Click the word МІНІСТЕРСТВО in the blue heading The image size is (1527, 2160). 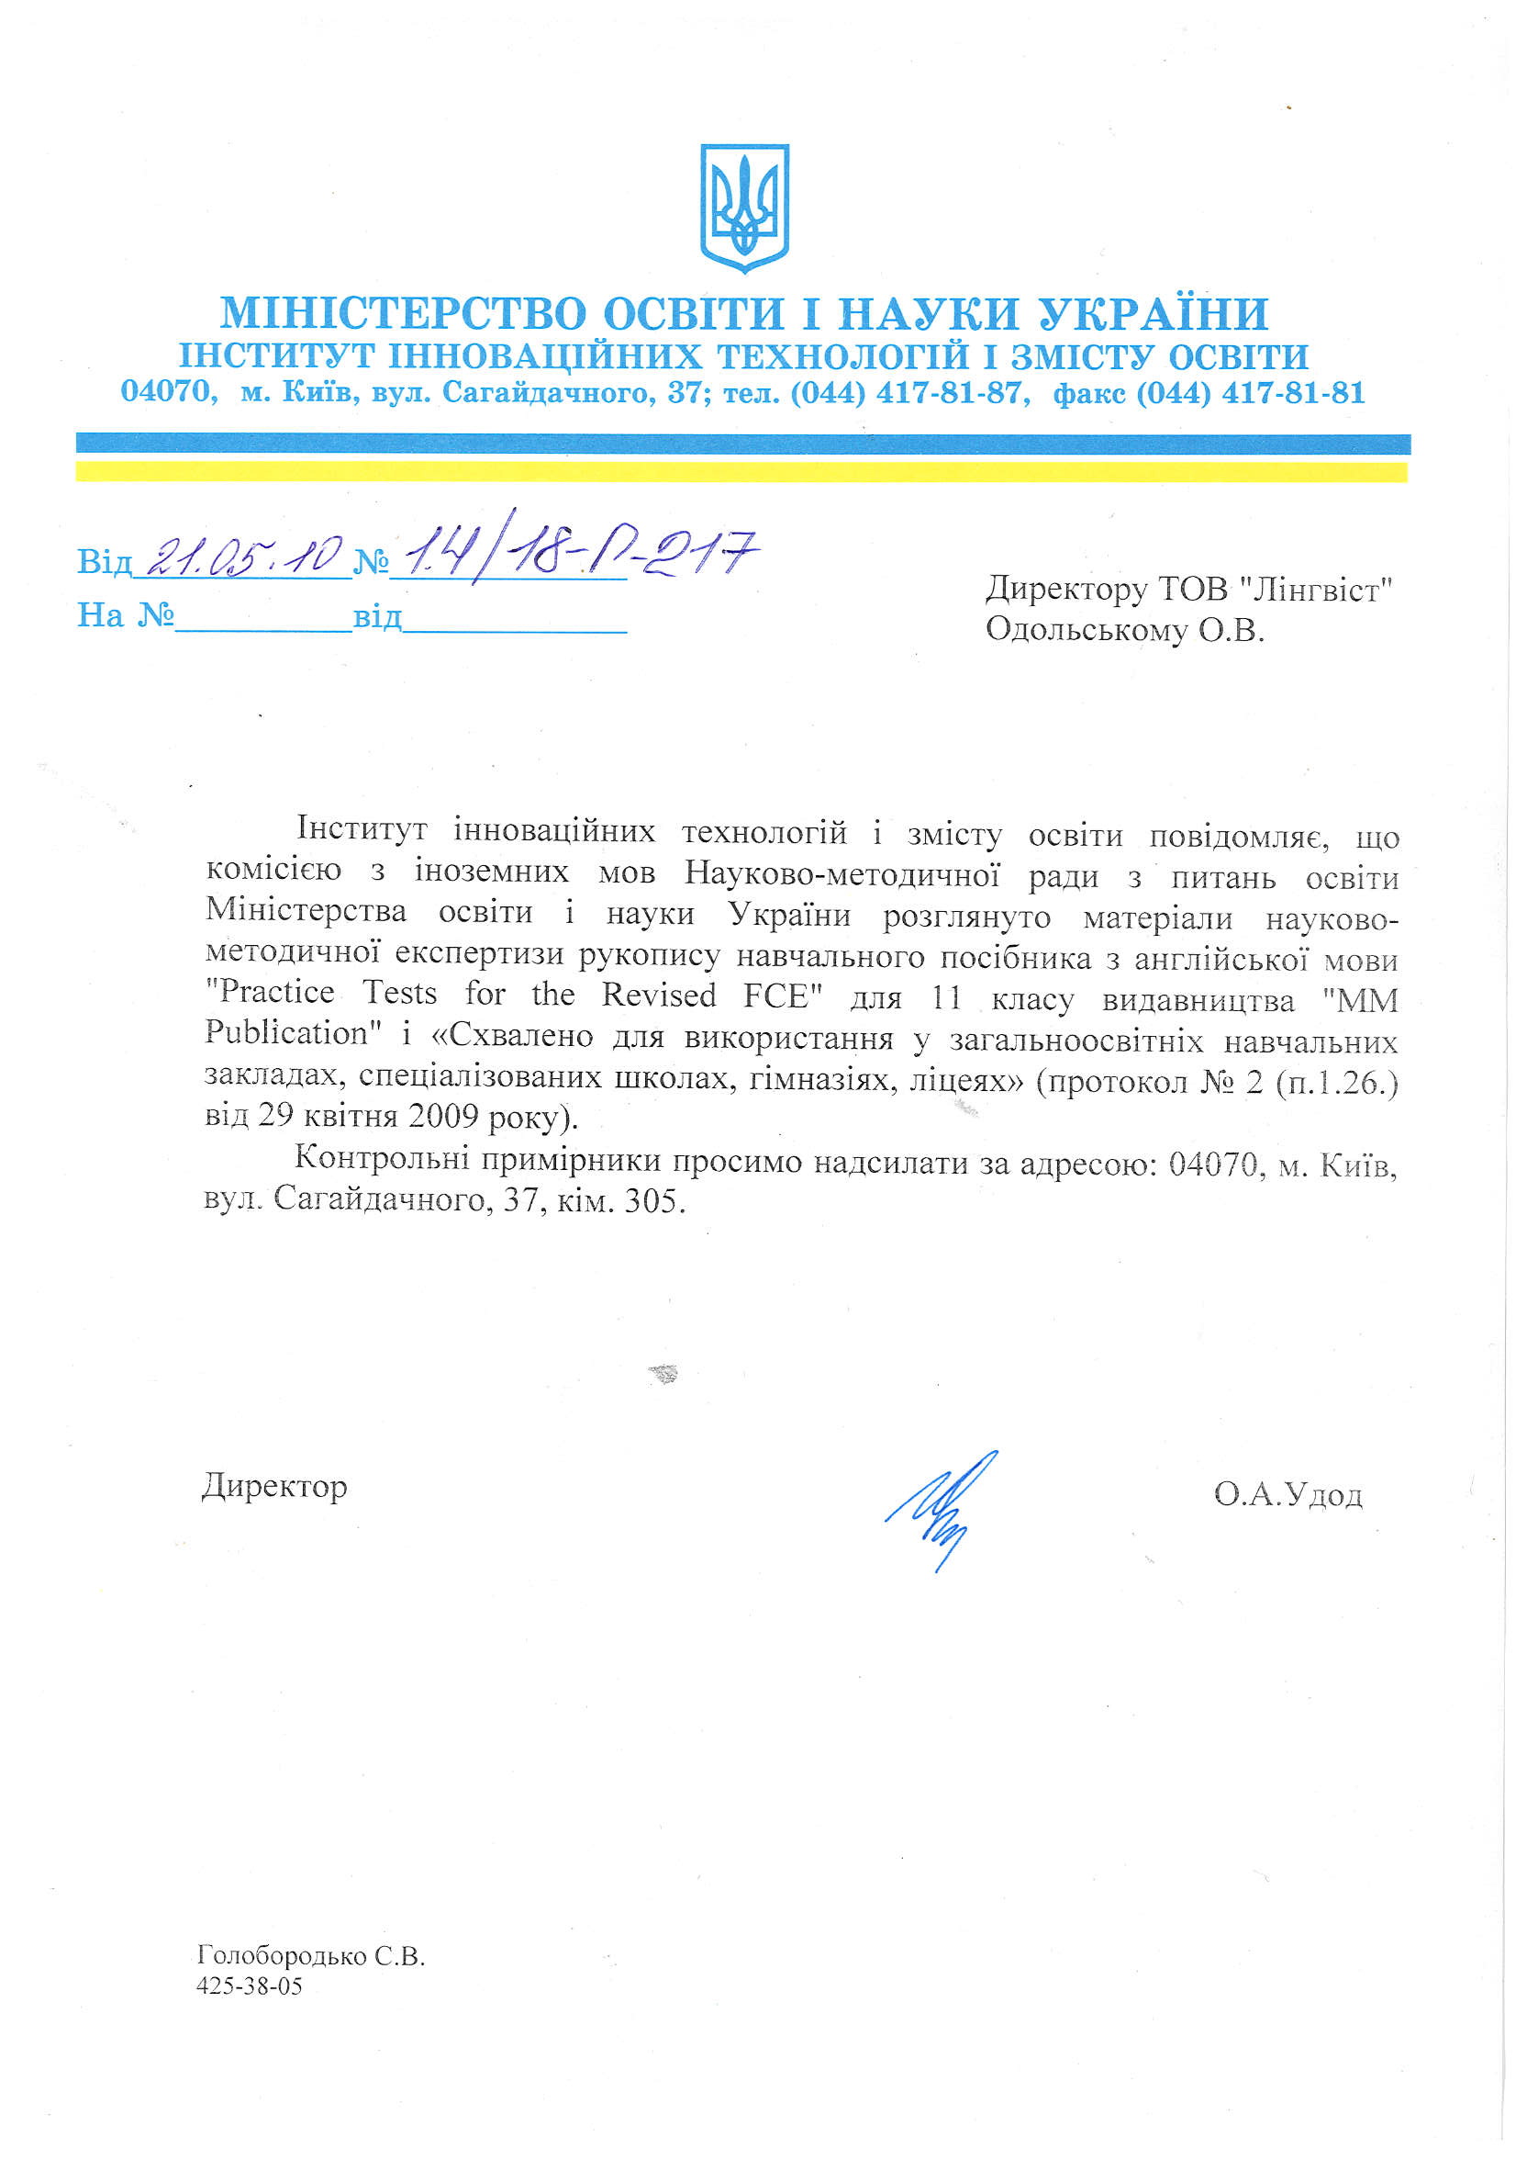404,314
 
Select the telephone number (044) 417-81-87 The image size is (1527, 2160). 906,392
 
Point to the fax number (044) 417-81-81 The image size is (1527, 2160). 1250,392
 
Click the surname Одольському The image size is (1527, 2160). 1086,629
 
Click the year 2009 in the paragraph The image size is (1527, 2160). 443,1117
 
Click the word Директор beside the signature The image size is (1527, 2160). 274,1487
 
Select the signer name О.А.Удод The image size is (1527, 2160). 1287,1494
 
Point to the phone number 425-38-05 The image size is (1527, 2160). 250,1986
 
